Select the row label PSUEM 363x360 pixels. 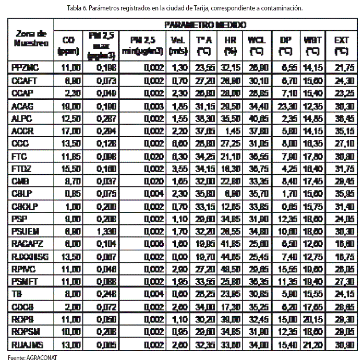tap(25, 230)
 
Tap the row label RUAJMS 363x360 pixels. tap(26, 344)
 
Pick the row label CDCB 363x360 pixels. tap(22, 305)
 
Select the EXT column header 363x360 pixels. tap(341, 45)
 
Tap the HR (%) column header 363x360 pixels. tap(230, 45)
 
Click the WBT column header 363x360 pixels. tap(312, 45)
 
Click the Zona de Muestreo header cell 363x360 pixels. tap(29, 38)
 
